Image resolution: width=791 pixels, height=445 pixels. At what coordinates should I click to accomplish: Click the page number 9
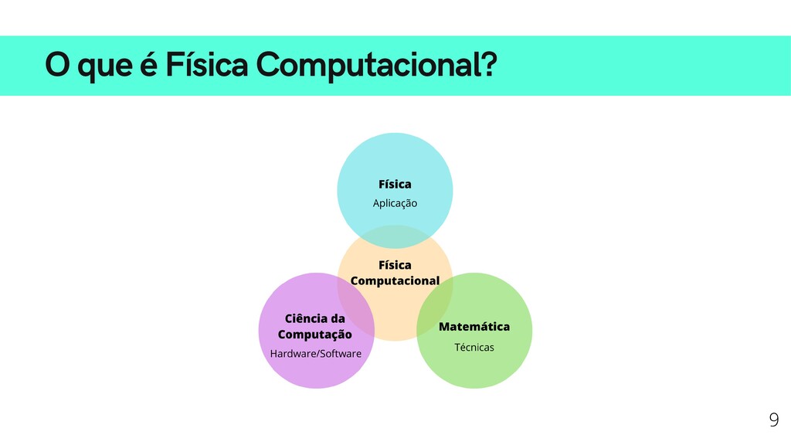(773, 420)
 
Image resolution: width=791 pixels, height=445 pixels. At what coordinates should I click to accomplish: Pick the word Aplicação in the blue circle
(395, 203)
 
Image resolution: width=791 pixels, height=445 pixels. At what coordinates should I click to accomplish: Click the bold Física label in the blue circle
(395, 184)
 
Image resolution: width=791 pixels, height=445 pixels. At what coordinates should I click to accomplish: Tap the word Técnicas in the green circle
(474, 347)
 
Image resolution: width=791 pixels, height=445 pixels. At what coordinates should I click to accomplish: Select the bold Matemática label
(474, 327)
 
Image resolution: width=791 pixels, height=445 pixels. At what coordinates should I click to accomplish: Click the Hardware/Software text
(315, 354)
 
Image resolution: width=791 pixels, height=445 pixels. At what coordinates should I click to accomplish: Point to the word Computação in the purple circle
(314, 335)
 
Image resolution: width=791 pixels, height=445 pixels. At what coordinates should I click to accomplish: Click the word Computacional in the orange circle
(395, 280)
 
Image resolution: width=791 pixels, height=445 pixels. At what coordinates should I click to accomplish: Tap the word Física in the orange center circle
(395, 265)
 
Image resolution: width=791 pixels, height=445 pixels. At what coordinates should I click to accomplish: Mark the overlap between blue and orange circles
(395, 236)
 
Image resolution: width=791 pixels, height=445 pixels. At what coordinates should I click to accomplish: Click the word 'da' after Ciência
(338, 318)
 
